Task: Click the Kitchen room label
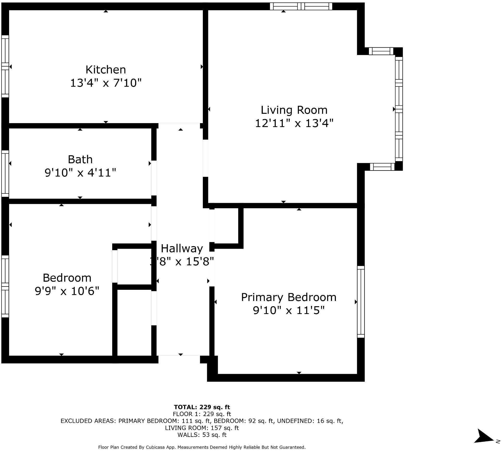tap(106, 70)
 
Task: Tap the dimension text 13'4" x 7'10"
tap(106, 83)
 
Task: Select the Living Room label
tap(294, 110)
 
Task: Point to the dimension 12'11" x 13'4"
tap(294, 123)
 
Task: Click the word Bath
tap(80, 159)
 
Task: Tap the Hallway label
tap(182, 249)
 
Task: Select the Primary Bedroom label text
tap(288, 297)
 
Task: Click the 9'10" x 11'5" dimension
tap(288, 311)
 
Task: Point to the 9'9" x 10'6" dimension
tap(67, 291)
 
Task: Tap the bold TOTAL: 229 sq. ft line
tap(202, 407)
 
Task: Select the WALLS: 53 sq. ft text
tap(202, 435)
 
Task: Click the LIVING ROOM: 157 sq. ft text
tap(202, 428)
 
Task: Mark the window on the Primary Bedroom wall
tap(361, 302)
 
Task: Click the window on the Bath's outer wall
tap(5, 174)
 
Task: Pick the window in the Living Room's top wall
tap(301, 6)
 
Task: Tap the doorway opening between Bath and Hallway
tap(154, 178)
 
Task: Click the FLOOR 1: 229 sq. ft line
tap(202, 414)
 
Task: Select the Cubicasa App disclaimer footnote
tap(202, 447)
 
